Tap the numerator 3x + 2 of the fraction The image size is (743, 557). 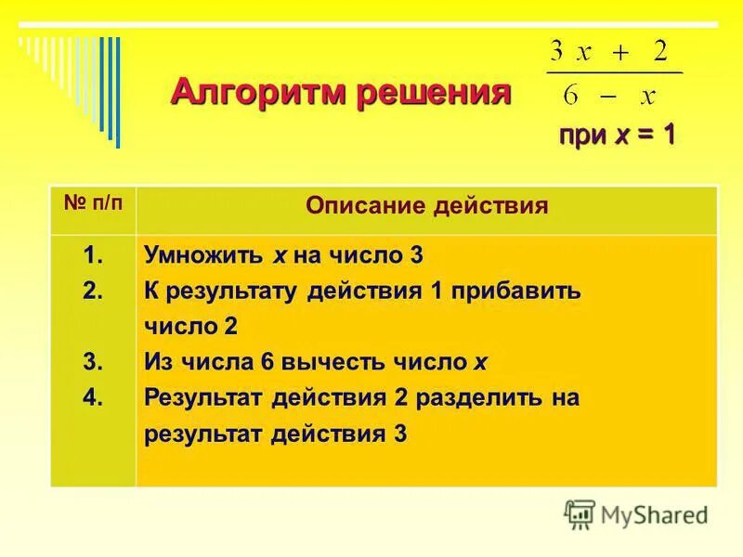pos(609,53)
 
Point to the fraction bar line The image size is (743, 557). pos(614,72)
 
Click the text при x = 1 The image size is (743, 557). pos(616,135)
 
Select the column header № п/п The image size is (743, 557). pos(93,205)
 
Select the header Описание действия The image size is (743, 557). pos(426,206)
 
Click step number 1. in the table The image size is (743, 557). pos(93,253)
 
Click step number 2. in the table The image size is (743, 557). pos(93,290)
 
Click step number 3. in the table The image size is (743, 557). pos(93,361)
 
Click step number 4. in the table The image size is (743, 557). pos(93,397)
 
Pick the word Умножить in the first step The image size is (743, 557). pos(203,254)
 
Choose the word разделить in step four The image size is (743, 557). pos(482,398)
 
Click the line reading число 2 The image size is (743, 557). pos(191,327)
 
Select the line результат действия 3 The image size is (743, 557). pos(275,434)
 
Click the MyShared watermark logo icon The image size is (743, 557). pos(580,513)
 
